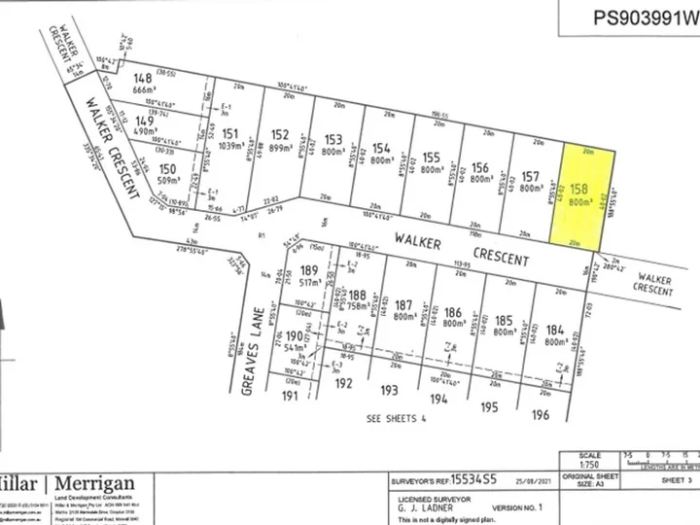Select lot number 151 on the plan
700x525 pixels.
(230, 134)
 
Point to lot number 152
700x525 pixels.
(280, 135)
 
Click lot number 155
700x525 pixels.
(433, 157)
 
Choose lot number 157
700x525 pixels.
(530, 175)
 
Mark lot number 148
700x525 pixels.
(144, 78)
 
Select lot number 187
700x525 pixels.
(404, 304)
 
